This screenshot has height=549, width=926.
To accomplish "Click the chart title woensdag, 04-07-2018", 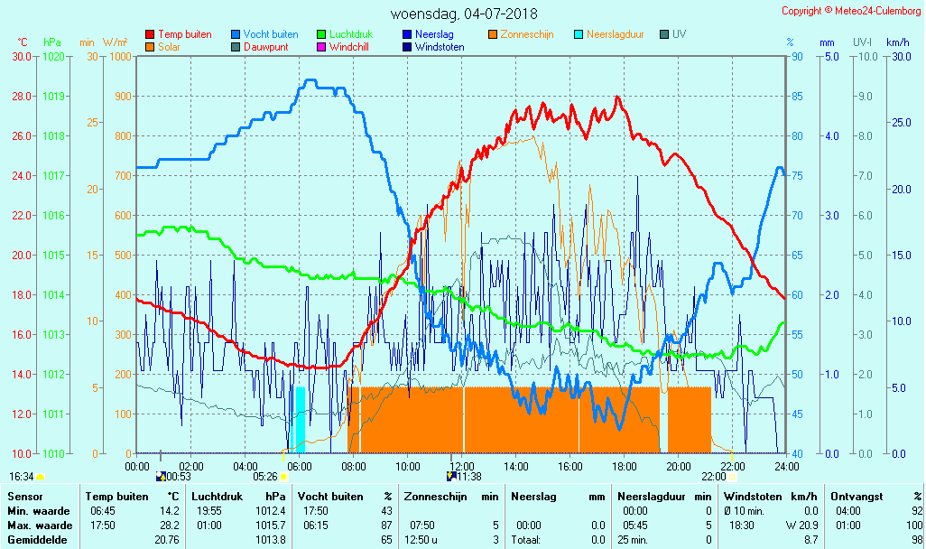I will click(x=464, y=14).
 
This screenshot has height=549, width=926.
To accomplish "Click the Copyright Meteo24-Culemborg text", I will click(x=852, y=11).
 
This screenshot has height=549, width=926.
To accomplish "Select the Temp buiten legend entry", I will click(x=184, y=34).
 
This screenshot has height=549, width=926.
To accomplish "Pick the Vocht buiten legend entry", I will click(x=270, y=34).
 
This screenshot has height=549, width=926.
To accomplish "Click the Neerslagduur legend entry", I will click(x=615, y=34).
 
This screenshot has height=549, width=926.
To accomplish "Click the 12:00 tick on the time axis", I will click(x=462, y=466).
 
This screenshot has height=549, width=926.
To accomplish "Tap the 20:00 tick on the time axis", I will click(x=679, y=466).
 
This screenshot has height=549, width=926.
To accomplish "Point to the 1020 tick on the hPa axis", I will click(x=53, y=56).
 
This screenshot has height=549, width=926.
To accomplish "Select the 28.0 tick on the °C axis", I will click(x=22, y=96).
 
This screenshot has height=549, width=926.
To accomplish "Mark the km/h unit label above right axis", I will click(x=898, y=42).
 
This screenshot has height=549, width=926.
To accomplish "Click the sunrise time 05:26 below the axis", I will click(x=264, y=477).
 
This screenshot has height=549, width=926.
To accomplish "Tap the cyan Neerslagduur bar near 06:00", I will click(x=300, y=420).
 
